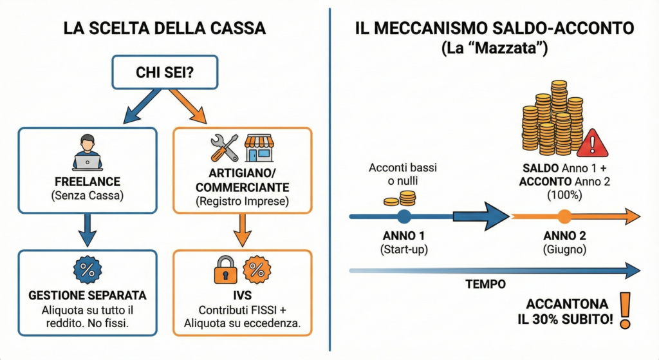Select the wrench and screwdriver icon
click(224, 147)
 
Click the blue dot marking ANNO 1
click(404, 216)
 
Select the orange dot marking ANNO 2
click(564, 216)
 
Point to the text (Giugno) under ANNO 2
click(564, 249)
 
